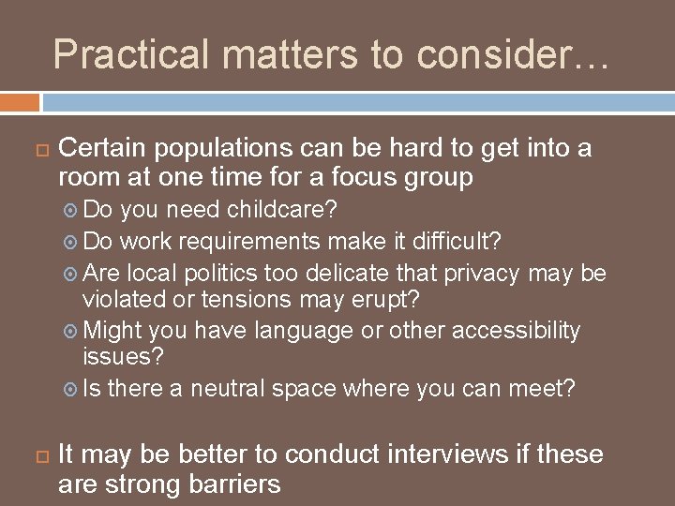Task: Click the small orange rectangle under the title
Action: [x=20, y=101]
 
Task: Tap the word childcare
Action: [x=279, y=207]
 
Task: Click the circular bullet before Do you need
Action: [x=72, y=208]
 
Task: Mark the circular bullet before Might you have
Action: [x=72, y=332]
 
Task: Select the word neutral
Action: [x=230, y=388]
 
